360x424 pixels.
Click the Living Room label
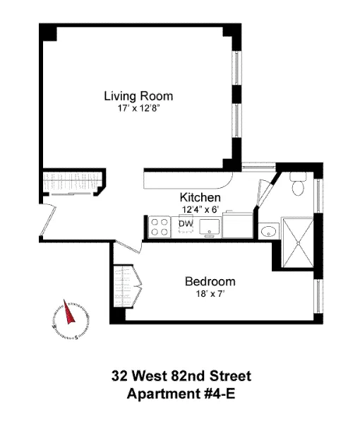(138, 96)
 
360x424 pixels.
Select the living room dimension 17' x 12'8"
(138, 109)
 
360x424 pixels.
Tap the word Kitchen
(200, 198)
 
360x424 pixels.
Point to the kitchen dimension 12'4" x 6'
(201, 209)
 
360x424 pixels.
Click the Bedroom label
(210, 281)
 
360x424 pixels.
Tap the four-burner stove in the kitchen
(160, 226)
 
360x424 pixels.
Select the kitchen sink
(210, 227)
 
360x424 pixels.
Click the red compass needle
(70, 312)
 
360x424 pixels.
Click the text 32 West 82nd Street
(181, 376)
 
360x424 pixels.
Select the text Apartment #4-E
(181, 393)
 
